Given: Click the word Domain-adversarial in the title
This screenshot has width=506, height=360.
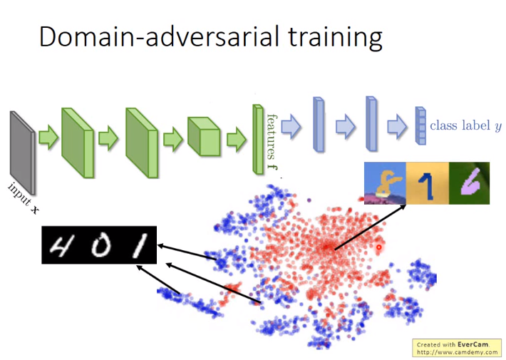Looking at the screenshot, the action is tap(159, 36).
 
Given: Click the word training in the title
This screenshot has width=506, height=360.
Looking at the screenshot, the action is tap(335, 38).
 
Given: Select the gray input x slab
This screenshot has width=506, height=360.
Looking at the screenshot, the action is tap(22, 153).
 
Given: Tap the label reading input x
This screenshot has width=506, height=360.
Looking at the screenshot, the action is tap(24, 198).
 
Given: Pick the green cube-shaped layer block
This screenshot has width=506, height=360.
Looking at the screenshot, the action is tap(204, 137).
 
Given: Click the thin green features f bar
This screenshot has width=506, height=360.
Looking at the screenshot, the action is tap(258, 140).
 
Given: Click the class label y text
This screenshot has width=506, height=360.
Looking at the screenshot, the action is tap(465, 125).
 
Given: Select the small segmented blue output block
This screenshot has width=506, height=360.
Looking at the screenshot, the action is tap(420, 125).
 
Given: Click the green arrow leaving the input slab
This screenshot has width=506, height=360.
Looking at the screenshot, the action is tap(48, 138).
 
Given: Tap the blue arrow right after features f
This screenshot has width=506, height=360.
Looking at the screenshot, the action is tap(291, 127).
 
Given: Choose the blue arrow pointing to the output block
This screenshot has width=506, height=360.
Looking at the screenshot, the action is tap(397, 127).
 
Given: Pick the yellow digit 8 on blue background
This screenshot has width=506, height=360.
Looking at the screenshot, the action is tap(385, 183).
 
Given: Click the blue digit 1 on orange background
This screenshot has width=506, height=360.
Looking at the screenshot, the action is tap(428, 183).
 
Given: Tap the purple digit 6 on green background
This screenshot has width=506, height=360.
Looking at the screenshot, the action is tap(469, 183).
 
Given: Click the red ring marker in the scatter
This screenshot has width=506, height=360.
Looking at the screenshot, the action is tap(379, 247).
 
